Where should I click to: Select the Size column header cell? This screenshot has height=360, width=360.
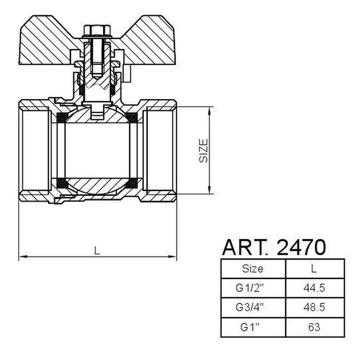pos(252,268)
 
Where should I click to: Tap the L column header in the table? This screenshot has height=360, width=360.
pos(314,268)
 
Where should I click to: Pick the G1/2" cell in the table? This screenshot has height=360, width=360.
pos(252,287)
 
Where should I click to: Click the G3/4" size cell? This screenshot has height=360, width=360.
pos(252,306)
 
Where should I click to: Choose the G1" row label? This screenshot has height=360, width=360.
pos(252,326)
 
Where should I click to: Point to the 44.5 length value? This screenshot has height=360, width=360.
pos(314,287)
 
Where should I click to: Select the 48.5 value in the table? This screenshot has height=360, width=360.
pos(314,306)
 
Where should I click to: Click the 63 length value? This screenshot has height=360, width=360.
pos(314,326)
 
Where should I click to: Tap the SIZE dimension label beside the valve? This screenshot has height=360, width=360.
pos(203,150)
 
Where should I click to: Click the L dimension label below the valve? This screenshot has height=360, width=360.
pos(97,250)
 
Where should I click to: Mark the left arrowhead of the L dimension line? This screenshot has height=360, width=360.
pos(22,257)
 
